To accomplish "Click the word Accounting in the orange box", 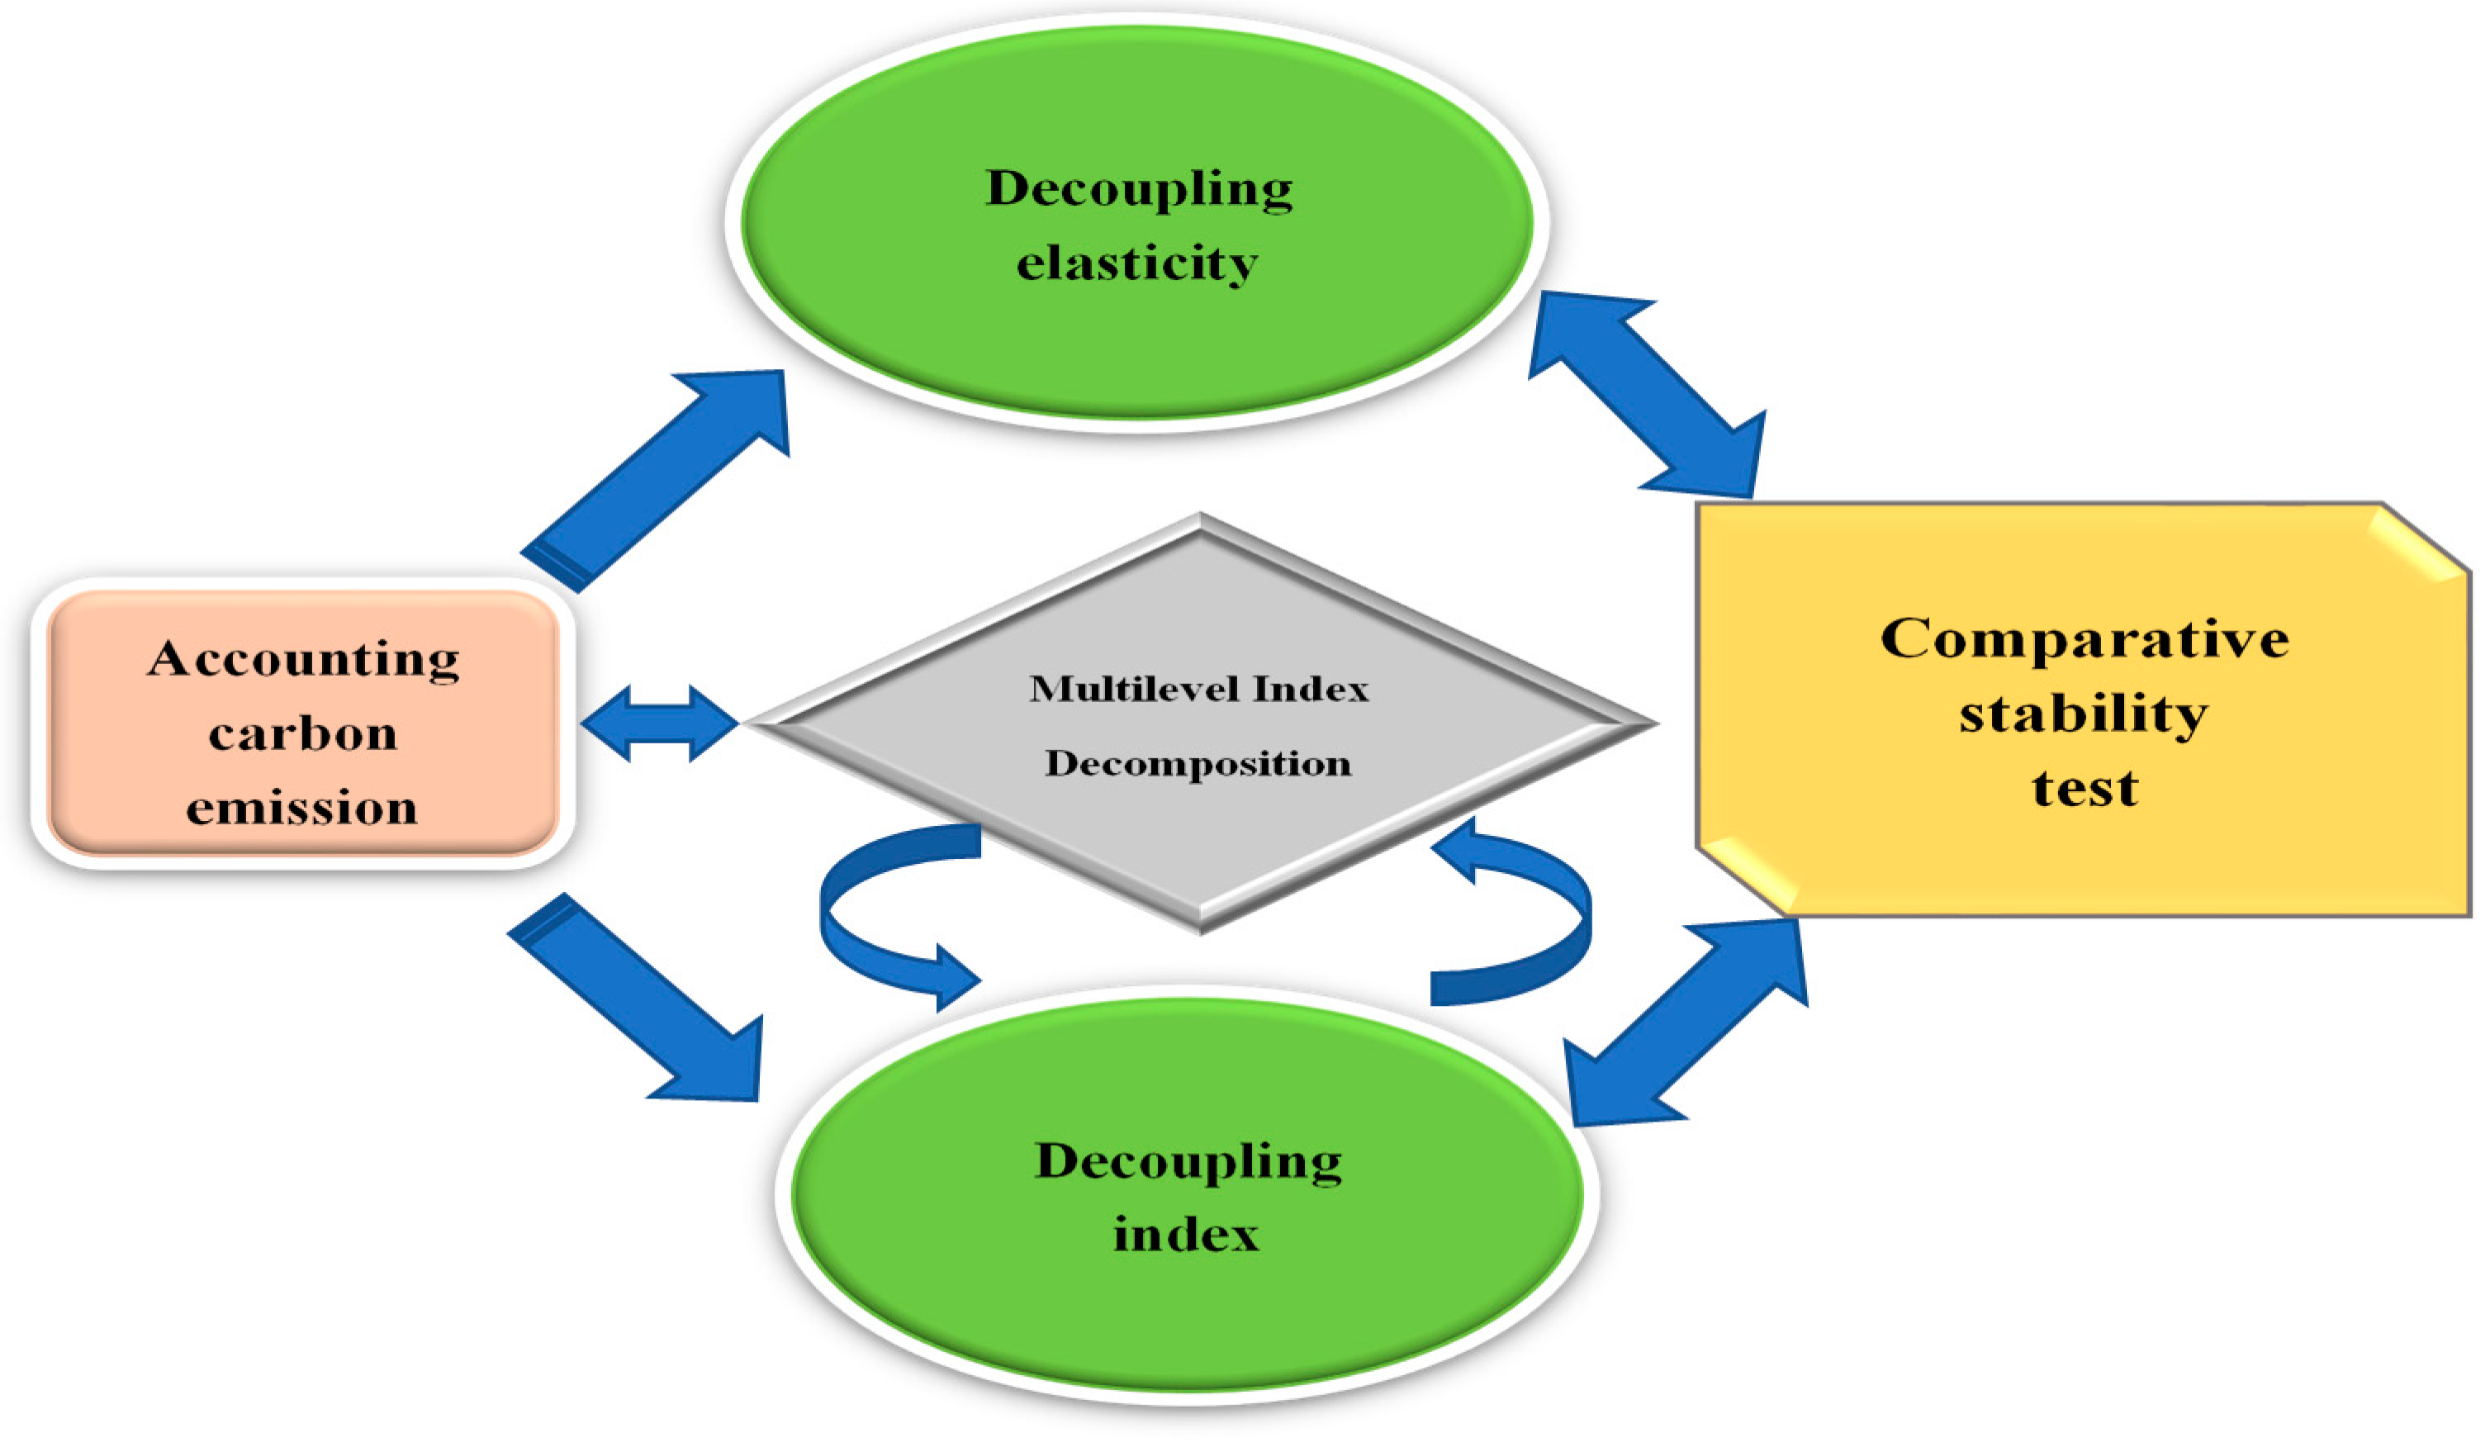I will pyautogui.click(x=303, y=659).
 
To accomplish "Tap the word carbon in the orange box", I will pyautogui.click(x=303, y=734).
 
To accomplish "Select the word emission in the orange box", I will pyautogui.click(x=301, y=809).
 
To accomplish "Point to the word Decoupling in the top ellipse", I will pyautogui.click(x=1138, y=187).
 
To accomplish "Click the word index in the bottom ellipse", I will pyautogui.click(x=1186, y=1235).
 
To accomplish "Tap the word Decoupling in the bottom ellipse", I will pyautogui.click(x=1188, y=1160).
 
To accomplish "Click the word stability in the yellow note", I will pyautogui.click(x=2083, y=714).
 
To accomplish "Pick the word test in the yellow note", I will pyautogui.click(x=2084, y=789).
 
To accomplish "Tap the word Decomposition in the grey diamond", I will pyautogui.click(x=1198, y=763).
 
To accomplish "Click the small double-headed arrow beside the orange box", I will pyautogui.click(x=659, y=723).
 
